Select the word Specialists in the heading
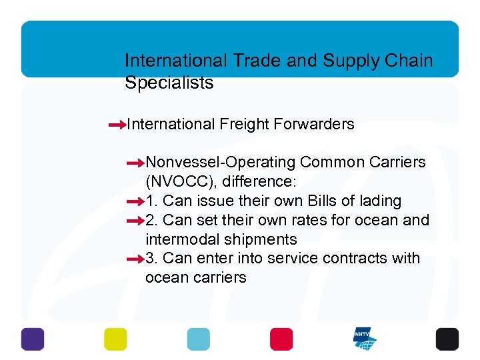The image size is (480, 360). coord(169,83)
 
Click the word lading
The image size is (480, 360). coord(378,201)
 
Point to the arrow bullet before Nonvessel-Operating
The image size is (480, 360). coord(135,163)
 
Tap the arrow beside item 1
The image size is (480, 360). coord(135,201)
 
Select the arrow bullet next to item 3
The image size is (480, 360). coord(135,259)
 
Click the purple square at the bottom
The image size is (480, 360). coord(33,339)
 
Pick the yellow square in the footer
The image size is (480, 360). coord(115,339)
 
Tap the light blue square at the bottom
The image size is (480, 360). coord(198,339)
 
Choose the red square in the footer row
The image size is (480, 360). coord(281,339)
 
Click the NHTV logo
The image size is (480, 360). coord(365,339)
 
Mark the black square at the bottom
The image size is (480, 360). coord(447,339)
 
